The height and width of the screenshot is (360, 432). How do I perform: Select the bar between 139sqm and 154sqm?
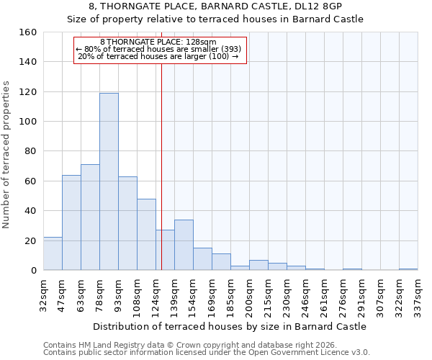tap(184, 245)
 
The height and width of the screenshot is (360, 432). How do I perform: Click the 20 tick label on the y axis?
tap(30, 241)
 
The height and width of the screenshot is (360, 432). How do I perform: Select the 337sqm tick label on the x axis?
tap(418, 295)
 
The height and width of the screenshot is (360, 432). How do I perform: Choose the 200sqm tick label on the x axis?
tap(249, 295)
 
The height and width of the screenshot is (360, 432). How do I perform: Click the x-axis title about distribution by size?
tap(230, 326)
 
